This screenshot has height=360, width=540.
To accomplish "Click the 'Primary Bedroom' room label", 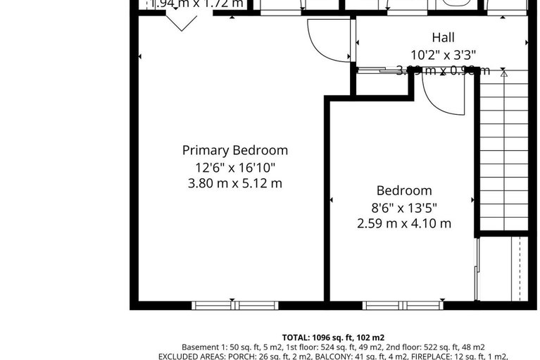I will click(234, 150).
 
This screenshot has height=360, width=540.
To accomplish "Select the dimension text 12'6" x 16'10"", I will click(234, 168).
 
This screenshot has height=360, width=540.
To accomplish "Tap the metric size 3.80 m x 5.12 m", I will click(234, 184).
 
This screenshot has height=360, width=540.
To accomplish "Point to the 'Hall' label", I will click(443, 37).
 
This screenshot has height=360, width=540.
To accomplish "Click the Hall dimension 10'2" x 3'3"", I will click(443, 54).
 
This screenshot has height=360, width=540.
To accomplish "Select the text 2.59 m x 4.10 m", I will click(404, 224).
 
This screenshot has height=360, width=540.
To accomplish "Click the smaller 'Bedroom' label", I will click(404, 190).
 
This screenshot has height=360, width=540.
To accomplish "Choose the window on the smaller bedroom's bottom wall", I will click(394, 305).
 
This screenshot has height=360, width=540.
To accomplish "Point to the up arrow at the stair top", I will click(503, 72).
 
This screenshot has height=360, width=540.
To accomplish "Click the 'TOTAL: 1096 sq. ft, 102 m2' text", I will click(333, 337).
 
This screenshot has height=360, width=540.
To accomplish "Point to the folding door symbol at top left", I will click(182, 23).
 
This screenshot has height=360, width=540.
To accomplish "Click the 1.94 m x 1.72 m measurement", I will click(196, 4).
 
